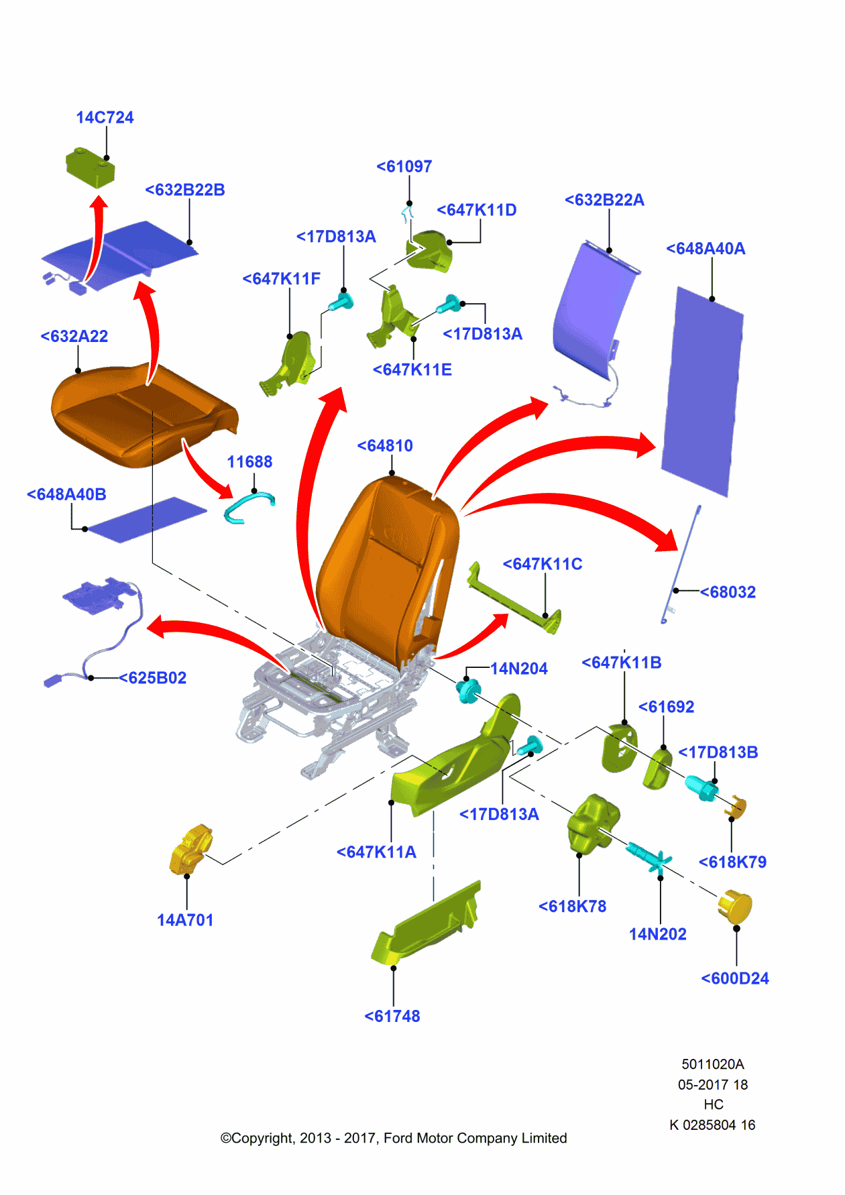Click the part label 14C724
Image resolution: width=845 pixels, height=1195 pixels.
click(x=105, y=117)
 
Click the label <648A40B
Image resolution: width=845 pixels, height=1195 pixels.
click(x=66, y=494)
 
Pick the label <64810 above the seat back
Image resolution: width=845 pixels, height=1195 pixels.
click(x=385, y=446)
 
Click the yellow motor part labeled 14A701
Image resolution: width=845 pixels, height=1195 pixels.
click(x=190, y=850)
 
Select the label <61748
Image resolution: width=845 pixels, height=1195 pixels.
click(x=392, y=1016)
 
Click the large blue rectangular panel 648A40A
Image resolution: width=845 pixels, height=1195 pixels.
click(x=702, y=392)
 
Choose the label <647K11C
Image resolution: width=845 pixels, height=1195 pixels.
click(x=543, y=564)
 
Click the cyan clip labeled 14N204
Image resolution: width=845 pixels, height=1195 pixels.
click(x=469, y=690)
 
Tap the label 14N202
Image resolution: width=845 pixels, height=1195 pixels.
click(x=657, y=934)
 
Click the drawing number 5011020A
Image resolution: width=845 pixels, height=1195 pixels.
click(x=713, y=1064)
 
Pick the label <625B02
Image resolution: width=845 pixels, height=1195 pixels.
click(x=153, y=678)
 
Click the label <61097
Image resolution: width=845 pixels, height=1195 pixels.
click(x=404, y=166)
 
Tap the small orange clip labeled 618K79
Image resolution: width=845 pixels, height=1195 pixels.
click(x=737, y=807)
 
